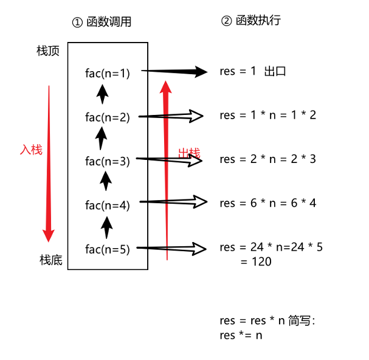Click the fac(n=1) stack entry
[x=108, y=74]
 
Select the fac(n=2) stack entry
[x=108, y=117]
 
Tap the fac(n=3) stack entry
[x=108, y=161]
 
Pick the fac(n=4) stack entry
[x=108, y=205]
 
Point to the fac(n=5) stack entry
[x=108, y=249]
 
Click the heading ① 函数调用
[x=102, y=22]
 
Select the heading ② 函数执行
[x=250, y=21]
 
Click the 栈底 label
[x=51, y=261]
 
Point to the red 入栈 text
[x=31, y=149]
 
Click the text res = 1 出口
[x=253, y=71]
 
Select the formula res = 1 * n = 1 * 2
[x=268, y=115]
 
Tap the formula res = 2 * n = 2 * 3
[x=268, y=159]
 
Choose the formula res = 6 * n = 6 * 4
[x=268, y=202]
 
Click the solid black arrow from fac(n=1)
[x=176, y=72]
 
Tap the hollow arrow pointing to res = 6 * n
[x=176, y=201]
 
